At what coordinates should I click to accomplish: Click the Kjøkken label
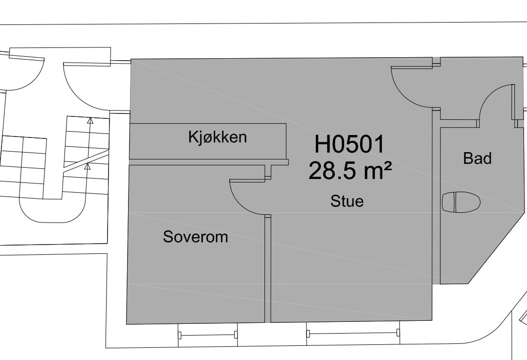tap(218, 137)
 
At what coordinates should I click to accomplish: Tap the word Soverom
tap(196, 237)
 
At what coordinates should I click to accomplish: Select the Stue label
tap(347, 201)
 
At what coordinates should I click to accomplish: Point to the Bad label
tap(477, 158)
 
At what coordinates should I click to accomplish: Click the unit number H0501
tap(350, 145)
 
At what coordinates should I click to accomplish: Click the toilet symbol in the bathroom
tap(461, 202)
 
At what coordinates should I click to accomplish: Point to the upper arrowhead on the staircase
tap(90, 119)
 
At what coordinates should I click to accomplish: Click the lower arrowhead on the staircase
tap(88, 166)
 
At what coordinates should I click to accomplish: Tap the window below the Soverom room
tap(208, 335)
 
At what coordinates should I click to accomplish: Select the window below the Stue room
tap(353, 334)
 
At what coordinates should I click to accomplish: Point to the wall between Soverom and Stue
tap(267, 269)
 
